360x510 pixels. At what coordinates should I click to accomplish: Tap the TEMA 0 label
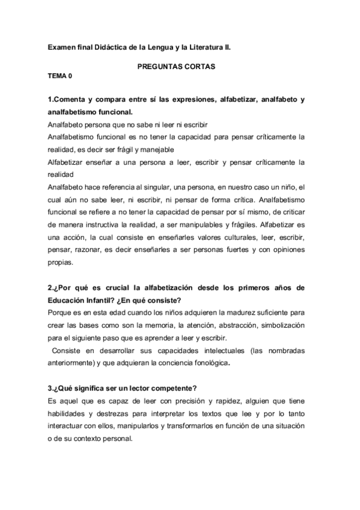(59, 78)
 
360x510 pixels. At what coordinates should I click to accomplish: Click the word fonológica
(210, 363)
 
